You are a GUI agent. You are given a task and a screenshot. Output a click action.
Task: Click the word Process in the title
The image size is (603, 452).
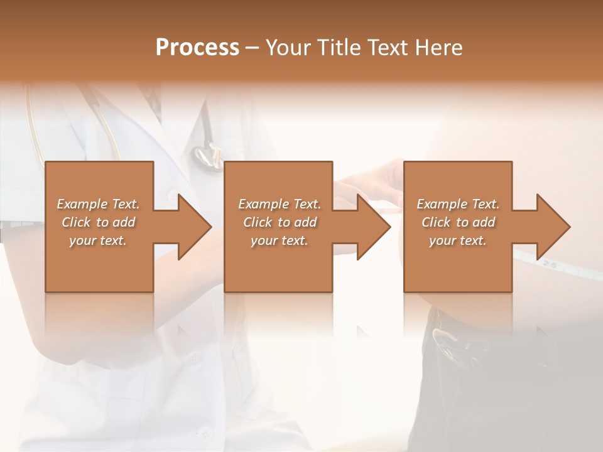click(x=197, y=48)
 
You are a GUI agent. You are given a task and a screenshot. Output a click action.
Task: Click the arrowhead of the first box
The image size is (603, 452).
click(x=195, y=227)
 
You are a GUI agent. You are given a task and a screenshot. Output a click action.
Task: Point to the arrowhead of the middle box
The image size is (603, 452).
click(x=374, y=227)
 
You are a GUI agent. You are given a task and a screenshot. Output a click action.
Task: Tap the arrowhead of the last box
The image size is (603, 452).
click(x=553, y=227)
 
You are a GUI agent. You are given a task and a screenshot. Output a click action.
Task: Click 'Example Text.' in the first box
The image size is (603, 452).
click(x=98, y=204)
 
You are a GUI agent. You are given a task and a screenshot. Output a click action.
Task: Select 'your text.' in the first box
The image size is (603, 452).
click(x=98, y=240)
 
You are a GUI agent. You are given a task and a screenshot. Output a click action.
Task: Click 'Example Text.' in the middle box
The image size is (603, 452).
click(x=280, y=204)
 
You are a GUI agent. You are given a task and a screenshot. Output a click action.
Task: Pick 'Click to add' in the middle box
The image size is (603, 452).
click(x=280, y=222)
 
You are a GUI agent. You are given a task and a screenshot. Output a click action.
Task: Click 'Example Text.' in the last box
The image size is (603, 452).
click(x=458, y=204)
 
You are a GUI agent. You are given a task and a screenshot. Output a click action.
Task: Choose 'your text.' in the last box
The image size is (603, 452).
click(x=458, y=240)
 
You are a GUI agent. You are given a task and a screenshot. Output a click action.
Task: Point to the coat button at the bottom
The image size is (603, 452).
click(x=204, y=433)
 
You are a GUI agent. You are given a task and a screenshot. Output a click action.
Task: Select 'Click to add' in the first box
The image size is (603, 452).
click(x=98, y=222)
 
